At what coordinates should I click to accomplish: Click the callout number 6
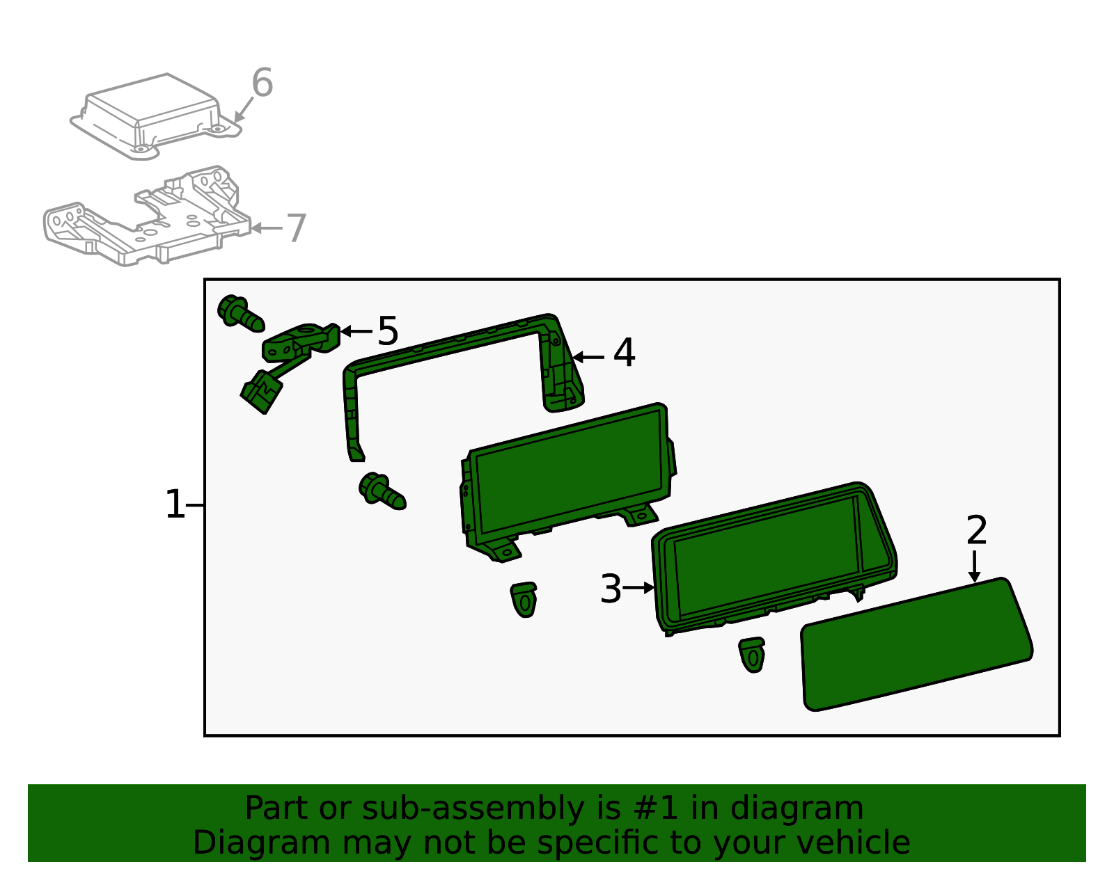pos(262,82)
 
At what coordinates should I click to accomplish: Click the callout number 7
pos(297,228)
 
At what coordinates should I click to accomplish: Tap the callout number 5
pos(388,331)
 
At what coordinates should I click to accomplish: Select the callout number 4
pos(625,353)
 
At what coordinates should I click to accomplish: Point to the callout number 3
pos(611,589)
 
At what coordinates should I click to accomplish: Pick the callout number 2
pos(977,531)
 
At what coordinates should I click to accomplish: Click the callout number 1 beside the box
pos(175,504)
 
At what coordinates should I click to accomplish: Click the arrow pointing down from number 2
pos(974,566)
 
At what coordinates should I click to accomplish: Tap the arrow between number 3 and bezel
pos(638,588)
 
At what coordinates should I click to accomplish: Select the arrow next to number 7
pos(267,228)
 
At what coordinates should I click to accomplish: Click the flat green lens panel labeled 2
pos(916,645)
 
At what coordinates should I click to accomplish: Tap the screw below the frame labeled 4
pos(382,492)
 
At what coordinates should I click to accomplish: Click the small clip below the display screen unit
pos(524,599)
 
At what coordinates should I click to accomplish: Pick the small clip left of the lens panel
pos(751,655)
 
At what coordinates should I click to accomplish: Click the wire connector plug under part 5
pos(262,392)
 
